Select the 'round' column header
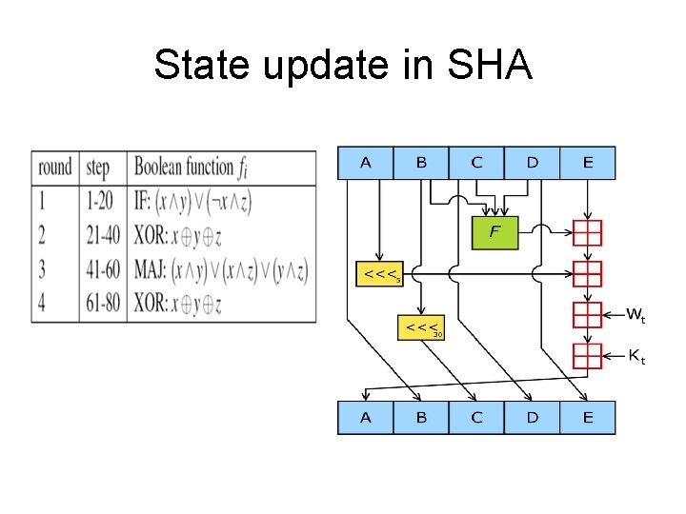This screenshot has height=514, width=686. pos(55,168)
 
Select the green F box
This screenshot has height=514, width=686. pos(494,232)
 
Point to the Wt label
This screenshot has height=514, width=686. pos(637,314)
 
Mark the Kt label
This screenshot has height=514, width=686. pos(636,357)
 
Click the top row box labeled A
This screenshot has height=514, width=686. pos(366,163)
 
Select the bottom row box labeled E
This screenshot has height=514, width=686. pos(587,418)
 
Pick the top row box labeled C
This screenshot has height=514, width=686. pos(476,163)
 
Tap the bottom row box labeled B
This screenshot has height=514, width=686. pos(421,418)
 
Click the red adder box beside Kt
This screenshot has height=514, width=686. pos(588,356)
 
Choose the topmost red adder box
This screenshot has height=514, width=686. pos(588,232)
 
